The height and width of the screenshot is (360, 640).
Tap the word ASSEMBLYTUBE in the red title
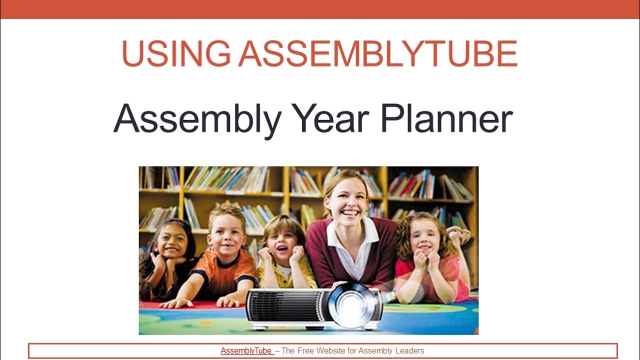[x=377, y=54]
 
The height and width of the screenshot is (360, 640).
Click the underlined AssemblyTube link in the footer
[x=247, y=351]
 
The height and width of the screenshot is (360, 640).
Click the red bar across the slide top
[x=320, y=9]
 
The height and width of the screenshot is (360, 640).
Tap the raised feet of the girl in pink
[x=459, y=234]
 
